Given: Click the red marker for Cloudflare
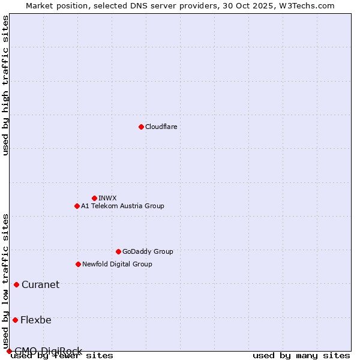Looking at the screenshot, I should (141, 127).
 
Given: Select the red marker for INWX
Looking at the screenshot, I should (94, 198).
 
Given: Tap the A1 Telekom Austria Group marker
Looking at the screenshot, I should (77, 206).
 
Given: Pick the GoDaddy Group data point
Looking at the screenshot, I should (118, 251).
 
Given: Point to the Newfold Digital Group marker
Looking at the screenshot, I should (78, 264).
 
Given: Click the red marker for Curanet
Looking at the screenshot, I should (16, 284).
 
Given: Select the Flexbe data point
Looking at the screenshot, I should (15, 320).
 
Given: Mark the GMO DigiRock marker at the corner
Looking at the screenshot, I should (9, 351).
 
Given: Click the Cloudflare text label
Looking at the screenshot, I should (161, 127).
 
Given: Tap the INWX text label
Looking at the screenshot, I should (108, 198).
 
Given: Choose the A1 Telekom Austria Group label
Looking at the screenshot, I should (122, 206).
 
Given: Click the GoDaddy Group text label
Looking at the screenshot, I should (148, 251).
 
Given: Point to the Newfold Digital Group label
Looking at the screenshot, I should (117, 264).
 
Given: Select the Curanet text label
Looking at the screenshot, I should (40, 284).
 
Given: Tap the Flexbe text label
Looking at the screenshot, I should (36, 320).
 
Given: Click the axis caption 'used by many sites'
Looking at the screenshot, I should (301, 356).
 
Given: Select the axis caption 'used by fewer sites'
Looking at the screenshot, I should (62, 356).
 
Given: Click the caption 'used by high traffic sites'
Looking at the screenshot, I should (5, 85).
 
